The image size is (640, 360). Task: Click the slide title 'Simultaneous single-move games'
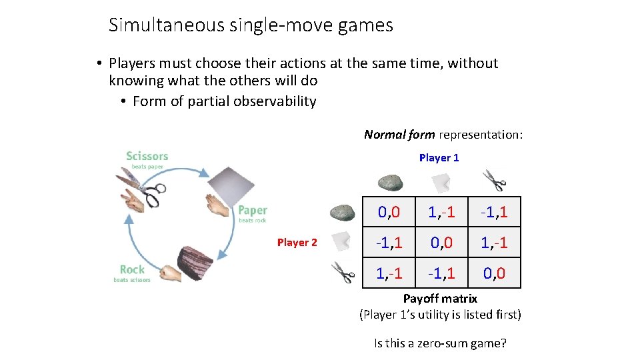[x=251, y=25]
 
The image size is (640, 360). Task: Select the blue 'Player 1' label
[x=439, y=158]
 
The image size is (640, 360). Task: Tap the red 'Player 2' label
[x=297, y=243]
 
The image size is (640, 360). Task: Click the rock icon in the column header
[x=391, y=182]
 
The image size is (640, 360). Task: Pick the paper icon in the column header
[x=441, y=181]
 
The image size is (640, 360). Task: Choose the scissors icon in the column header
[x=494, y=180]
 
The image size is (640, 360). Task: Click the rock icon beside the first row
[x=343, y=213]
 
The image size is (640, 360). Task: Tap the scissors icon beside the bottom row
[x=343, y=273]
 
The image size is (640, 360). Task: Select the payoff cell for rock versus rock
[x=389, y=213]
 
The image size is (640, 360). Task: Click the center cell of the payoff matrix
[x=441, y=243]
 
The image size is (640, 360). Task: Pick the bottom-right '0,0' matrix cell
[x=494, y=273]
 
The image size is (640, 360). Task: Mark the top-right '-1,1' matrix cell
[x=494, y=213]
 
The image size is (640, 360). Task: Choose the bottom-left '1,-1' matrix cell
[x=389, y=273]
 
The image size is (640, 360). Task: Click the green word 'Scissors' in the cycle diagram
[x=147, y=156]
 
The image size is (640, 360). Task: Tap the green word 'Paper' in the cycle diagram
[x=253, y=211]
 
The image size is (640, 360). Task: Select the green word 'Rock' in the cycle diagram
[x=132, y=269]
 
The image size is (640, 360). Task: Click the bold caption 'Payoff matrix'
[x=440, y=298]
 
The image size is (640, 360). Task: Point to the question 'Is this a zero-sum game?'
[x=440, y=343]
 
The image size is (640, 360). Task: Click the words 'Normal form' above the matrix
[x=399, y=135]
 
